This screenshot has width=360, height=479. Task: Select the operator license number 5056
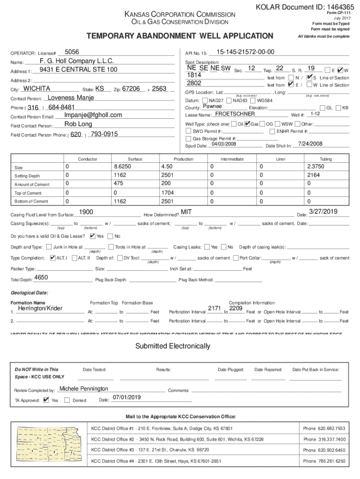[72, 52]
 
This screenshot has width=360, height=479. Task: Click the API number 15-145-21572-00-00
[245, 52]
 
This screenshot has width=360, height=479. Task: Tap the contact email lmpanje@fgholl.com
[93, 115]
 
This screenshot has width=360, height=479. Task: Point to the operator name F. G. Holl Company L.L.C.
[77, 61]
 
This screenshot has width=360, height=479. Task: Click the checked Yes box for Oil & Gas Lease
[92, 236]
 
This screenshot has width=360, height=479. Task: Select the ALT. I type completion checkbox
[52, 258]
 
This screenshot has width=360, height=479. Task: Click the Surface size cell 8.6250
[122, 167]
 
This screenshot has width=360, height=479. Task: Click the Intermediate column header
[232, 159]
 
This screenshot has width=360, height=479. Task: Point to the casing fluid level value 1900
[86, 212]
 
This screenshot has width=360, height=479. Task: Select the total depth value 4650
[41, 278]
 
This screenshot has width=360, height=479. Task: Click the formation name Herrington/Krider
[40, 309]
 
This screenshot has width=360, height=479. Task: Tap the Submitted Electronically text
[173, 346]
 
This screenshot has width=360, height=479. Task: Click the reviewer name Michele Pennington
[84, 389]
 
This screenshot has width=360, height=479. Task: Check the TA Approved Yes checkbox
[45, 400]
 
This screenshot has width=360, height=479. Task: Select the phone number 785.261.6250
[324, 461]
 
